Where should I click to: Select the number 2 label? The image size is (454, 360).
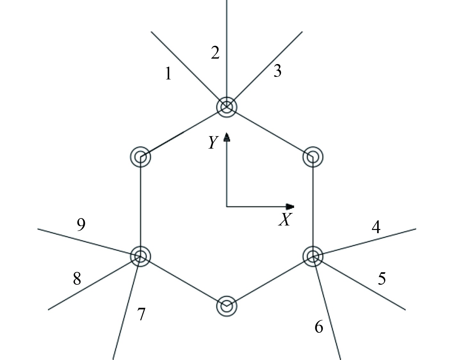click(x=215, y=53)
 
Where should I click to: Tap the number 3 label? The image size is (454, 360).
click(x=277, y=71)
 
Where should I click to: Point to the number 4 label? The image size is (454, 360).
click(x=376, y=227)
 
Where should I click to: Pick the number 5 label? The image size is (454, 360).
click(x=382, y=278)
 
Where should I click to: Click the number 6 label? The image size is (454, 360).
click(x=319, y=327)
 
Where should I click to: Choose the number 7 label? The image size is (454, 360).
click(x=141, y=314)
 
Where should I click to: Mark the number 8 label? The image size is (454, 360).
click(x=77, y=279)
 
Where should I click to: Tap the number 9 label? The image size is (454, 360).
click(x=81, y=225)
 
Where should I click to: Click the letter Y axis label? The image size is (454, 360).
click(x=213, y=143)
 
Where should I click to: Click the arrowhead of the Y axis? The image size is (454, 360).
click(x=227, y=137)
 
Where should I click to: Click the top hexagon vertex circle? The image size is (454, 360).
click(x=227, y=107)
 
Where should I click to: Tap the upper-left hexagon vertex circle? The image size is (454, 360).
click(x=141, y=157)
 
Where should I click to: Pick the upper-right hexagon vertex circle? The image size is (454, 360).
click(x=313, y=157)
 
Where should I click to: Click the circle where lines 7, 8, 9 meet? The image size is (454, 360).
click(x=140, y=256)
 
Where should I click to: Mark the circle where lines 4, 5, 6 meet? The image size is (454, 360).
click(x=313, y=256)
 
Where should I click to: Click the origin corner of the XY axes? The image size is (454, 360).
click(x=227, y=206)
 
